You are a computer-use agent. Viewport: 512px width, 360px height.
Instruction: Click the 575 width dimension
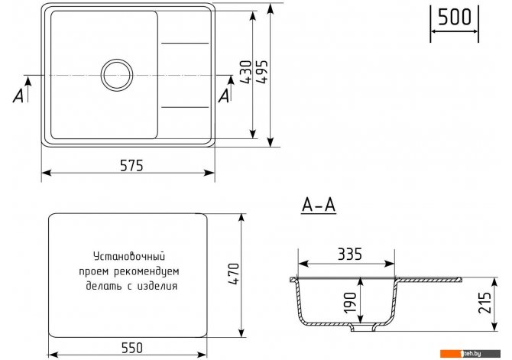point(131,166)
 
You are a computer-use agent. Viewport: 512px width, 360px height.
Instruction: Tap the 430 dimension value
point(247,72)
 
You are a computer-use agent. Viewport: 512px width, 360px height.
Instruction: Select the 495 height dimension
point(261,72)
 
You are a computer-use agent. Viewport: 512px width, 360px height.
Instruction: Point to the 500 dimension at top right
point(454,17)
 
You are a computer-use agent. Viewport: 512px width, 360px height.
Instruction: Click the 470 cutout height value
point(234,274)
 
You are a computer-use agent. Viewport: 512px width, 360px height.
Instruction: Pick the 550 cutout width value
point(132,348)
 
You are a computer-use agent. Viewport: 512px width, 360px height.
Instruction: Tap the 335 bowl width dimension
point(349,255)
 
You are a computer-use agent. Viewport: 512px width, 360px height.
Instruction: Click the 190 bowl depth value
point(350,302)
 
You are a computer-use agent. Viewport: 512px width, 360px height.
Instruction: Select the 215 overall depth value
point(484,303)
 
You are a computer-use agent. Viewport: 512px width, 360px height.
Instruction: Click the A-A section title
point(319,206)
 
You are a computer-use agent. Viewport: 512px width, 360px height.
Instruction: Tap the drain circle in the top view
point(117,75)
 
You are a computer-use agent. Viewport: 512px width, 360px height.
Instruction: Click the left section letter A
point(18,96)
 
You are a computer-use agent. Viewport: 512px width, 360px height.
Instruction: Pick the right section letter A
point(225,96)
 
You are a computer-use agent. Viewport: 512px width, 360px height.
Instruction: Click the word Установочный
point(129,256)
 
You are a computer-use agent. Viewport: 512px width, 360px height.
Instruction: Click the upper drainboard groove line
point(185,43)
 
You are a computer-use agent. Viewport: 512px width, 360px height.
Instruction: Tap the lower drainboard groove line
point(185,107)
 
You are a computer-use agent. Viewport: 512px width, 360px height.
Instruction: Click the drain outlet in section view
point(363,328)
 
